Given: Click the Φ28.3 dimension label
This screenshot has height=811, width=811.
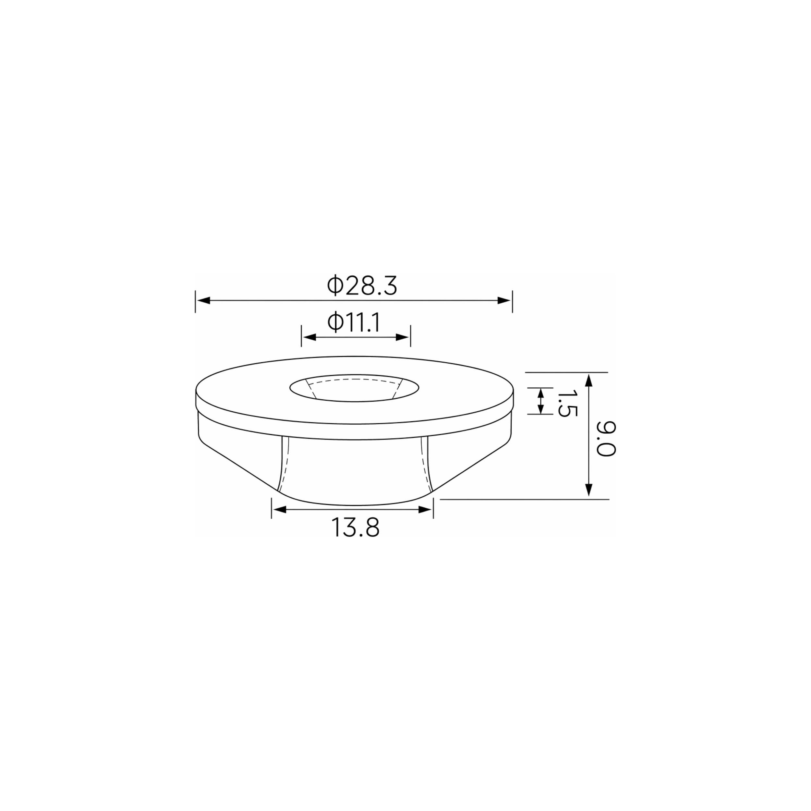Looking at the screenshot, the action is tap(361, 286).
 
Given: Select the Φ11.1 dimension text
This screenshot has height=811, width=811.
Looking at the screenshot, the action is tap(354, 323).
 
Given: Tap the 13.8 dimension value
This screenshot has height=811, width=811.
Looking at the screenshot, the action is tap(356, 528).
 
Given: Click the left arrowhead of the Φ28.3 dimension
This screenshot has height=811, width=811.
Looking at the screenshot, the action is tap(203, 301).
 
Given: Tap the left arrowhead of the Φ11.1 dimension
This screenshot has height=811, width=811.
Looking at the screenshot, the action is tap(309, 337).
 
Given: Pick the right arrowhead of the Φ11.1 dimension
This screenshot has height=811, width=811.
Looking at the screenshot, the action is tap(402, 337).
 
